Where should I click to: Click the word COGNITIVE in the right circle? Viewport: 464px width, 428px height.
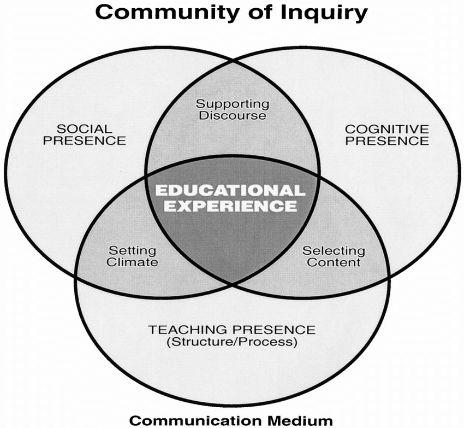[386, 129]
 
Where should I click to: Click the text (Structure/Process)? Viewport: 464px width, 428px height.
[231, 343]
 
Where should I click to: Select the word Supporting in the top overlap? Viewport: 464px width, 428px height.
[233, 103]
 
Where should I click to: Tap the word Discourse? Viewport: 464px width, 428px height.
[233, 115]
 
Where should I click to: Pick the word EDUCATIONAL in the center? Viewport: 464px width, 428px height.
[230, 190]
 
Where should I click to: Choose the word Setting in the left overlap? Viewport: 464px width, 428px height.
[132, 251]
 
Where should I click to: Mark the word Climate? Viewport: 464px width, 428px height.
[132, 262]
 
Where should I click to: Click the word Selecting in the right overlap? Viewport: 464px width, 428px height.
[334, 251]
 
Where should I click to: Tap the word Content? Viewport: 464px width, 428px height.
[334, 262]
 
